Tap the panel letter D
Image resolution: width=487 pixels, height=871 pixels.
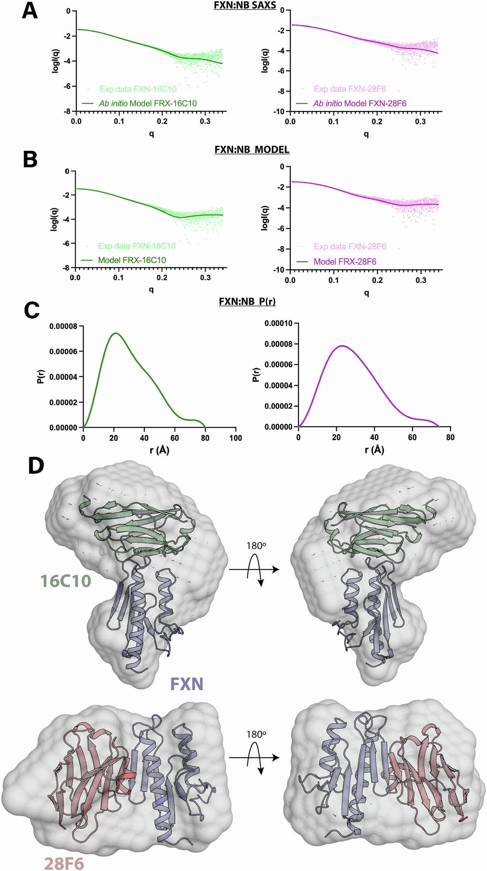(36, 466)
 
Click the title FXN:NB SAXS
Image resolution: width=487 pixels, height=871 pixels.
(245, 5)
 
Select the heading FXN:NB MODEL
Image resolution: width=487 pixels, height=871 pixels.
(252, 150)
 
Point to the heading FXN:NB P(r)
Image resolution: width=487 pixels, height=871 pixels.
(247, 301)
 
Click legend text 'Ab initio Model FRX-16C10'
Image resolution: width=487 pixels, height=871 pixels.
(148, 104)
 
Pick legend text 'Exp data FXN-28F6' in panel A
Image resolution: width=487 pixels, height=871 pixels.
(350, 89)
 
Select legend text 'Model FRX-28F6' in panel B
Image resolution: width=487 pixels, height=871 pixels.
(345, 262)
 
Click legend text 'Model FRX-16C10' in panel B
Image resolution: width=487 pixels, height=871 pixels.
(132, 260)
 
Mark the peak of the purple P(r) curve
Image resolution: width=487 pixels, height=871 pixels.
(342, 346)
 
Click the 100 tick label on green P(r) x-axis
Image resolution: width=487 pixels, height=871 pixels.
(236, 438)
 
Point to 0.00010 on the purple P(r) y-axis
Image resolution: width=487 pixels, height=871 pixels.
(279, 323)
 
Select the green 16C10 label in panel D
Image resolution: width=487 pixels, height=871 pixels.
(66, 581)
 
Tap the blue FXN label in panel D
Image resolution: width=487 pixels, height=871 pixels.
(187, 684)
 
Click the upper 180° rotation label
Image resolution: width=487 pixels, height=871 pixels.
(256, 546)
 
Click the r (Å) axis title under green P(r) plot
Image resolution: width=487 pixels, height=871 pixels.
(159, 450)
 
